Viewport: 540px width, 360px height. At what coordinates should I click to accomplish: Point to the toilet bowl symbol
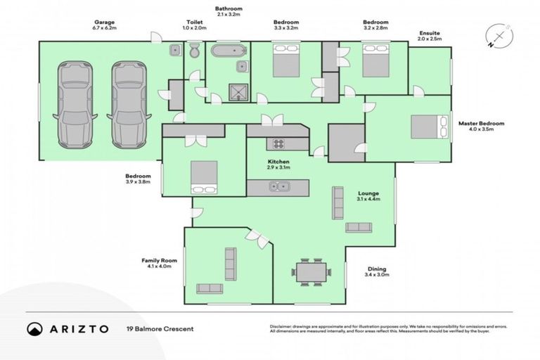tap(194, 51)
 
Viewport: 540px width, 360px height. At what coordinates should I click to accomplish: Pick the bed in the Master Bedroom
tap(428, 127)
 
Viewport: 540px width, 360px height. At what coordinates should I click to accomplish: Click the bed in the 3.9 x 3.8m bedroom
tap(204, 176)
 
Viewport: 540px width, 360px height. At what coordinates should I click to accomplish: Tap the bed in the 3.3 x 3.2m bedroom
tap(285, 60)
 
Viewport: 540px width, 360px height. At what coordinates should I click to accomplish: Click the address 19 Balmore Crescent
tap(160, 328)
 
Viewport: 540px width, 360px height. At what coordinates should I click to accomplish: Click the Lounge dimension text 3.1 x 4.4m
tap(369, 199)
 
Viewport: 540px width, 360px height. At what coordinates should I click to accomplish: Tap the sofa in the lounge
tap(359, 227)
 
